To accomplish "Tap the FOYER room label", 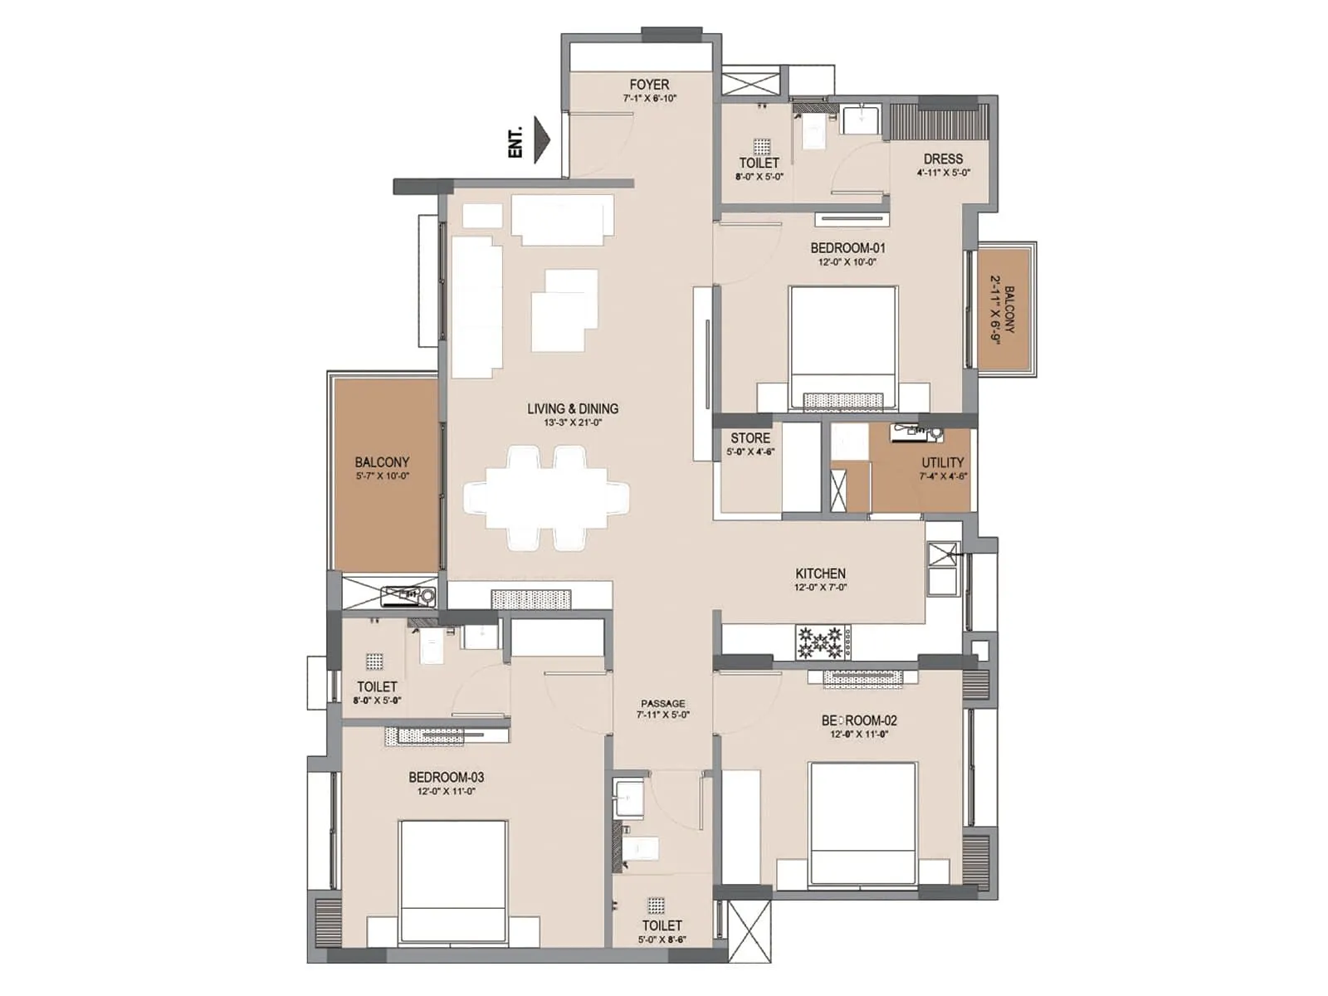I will pos(649,85).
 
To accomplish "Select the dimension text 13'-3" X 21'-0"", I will pos(573,423).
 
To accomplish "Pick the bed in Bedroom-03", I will pos(453,881).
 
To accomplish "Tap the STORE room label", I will pos(750,438).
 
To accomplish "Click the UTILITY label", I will pos(943,463).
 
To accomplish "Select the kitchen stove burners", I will pos(820,642).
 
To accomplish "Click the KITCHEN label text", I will pos(820,574).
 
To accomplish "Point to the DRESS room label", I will pos(943,159).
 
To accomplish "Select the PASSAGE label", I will pos(662,704).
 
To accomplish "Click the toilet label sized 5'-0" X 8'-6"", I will pos(662,925).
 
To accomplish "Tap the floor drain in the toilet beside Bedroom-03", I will pos(374,662).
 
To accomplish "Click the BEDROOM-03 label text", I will pos(446,778).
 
